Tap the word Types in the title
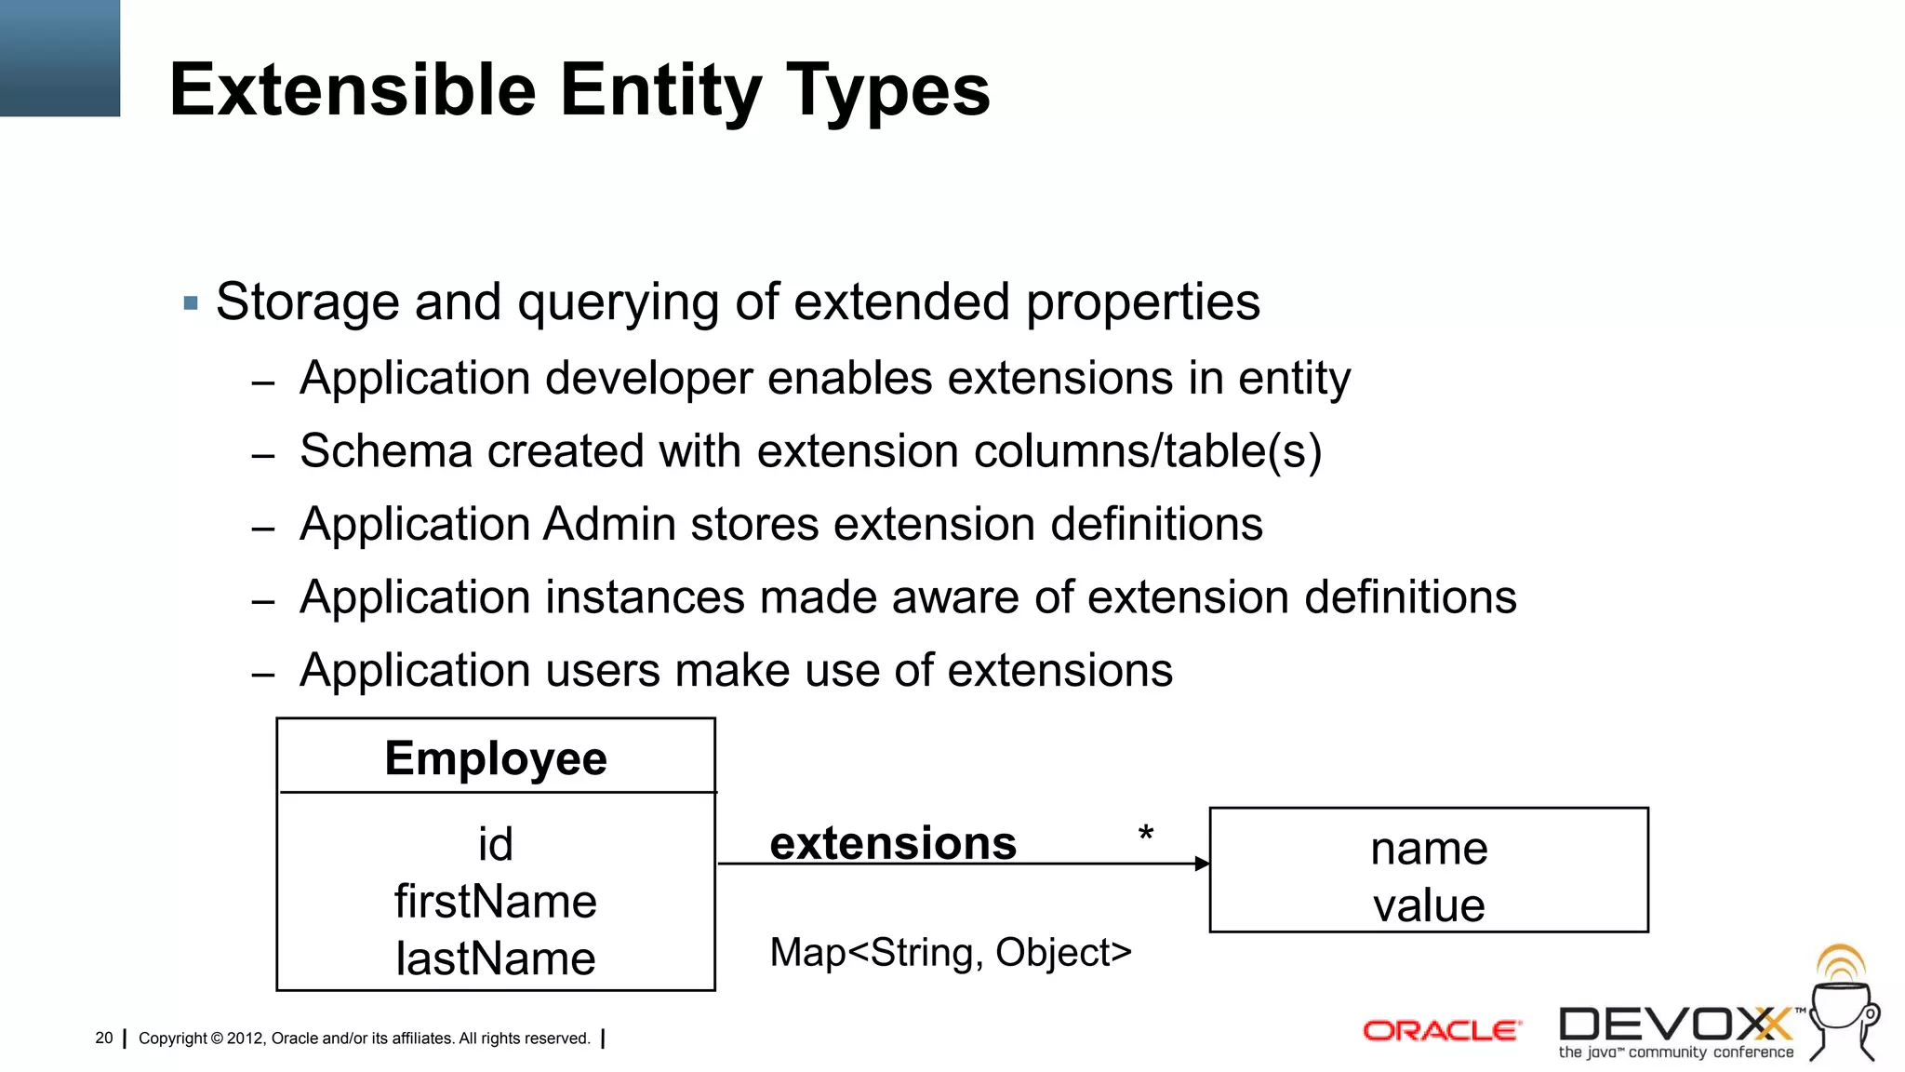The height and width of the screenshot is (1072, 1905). pyautogui.click(x=888, y=90)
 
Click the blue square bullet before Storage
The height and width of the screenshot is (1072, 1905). pyautogui.click(x=192, y=303)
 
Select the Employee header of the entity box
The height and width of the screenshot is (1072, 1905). pyautogui.click(x=496, y=757)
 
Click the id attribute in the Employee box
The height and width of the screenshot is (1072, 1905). pyautogui.click(x=495, y=845)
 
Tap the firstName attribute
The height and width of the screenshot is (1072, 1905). pyautogui.click(x=495, y=902)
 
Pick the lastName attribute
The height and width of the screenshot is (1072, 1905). pyautogui.click(x=495, y=958)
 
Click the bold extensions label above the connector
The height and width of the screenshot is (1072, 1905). pyautogui.click(x=893, y=843)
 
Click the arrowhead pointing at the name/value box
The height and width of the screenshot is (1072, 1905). pyautogui.click(x=1202, y=864)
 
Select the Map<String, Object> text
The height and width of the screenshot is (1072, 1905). pyautogui.click(x=951, y=953)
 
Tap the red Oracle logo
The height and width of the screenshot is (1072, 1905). pyautogui.click(x=1441, y=1031)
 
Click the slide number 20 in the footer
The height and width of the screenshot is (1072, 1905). pyautogui.click(x=103, y=1038)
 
